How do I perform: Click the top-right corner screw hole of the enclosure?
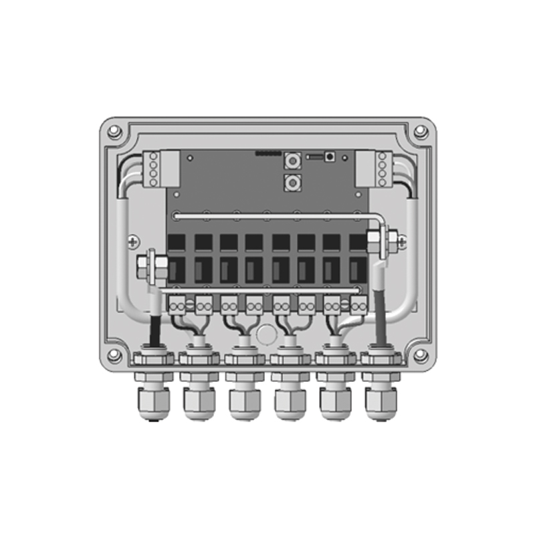coord(420,132)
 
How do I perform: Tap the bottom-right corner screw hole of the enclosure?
coord(420,354)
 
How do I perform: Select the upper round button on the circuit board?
coord(292,160)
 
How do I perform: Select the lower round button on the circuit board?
coord(292,182)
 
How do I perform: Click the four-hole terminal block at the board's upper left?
coord(154,168)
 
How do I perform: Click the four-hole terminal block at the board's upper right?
coord(382,168)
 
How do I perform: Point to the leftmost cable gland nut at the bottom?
coord(154,402)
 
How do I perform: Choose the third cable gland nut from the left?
coord(244,402)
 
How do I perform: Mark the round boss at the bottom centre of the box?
coord(267,334)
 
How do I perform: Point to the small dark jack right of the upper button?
coord(330,157)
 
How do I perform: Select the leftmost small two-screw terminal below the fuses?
coord(179,305)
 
